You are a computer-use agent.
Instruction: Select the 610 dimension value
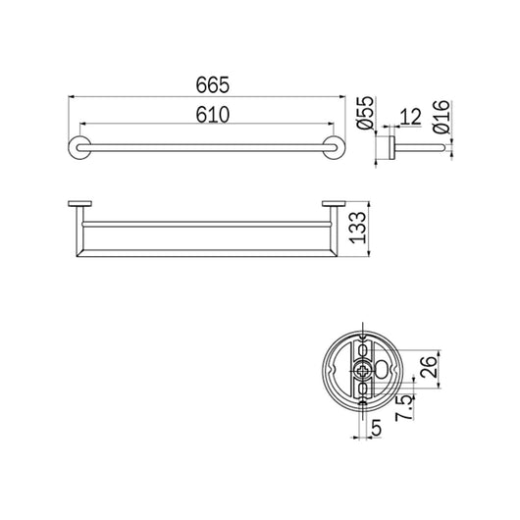205,115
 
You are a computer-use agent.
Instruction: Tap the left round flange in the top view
77,148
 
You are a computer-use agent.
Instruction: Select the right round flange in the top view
336,148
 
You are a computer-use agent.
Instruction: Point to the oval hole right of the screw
382,371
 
